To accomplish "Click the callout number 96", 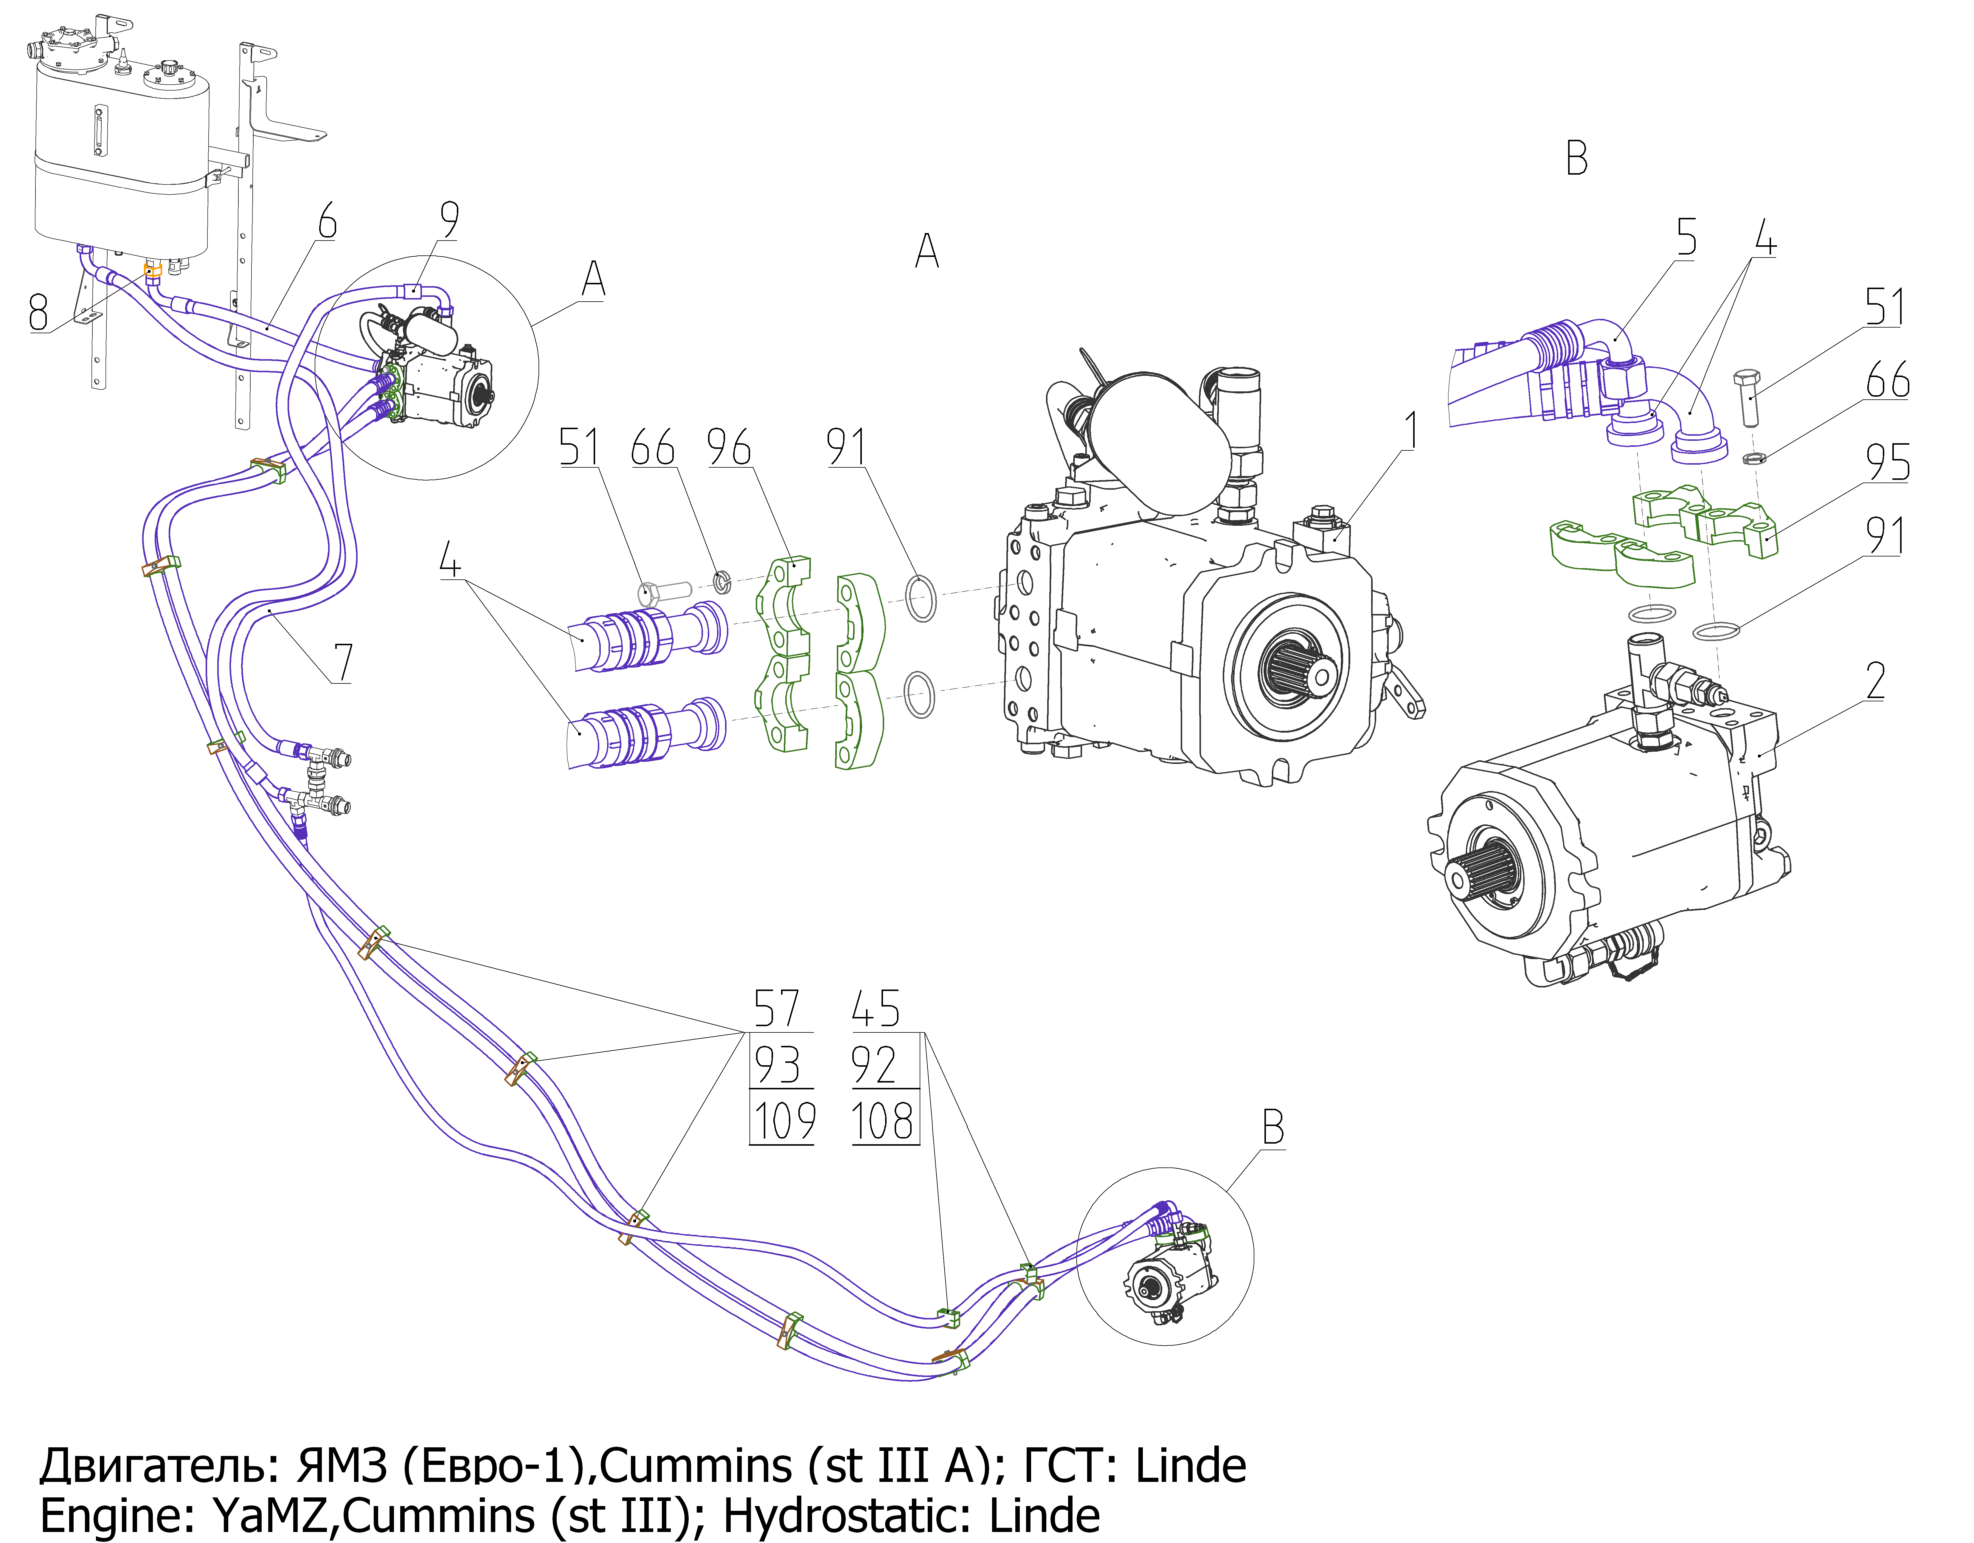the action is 729,447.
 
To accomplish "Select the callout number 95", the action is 1888,463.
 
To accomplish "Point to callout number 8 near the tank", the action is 38,313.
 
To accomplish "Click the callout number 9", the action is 449,220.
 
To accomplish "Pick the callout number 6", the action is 327,221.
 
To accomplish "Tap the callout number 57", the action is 776,1009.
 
